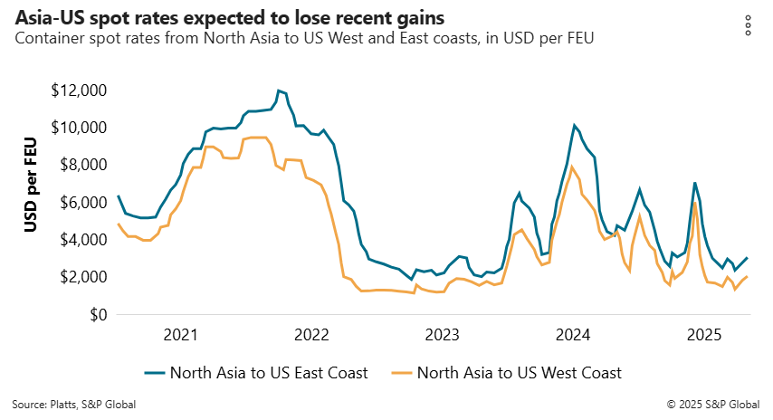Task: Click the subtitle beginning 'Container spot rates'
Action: (304, 38)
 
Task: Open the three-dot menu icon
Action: (748, 25)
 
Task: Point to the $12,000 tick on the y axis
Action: (80, 91)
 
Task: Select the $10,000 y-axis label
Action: (80, 128)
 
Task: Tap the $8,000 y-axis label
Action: (83, 166)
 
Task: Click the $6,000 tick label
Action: (83, 203)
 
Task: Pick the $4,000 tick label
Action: (83, 240)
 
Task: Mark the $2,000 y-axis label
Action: (83, 277)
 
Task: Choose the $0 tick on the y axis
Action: (96, 315)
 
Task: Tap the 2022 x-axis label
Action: (311, 336)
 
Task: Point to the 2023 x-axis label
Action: (443, 336)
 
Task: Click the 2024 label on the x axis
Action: (574, 336)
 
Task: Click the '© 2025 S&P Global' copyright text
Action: (713, 405)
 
